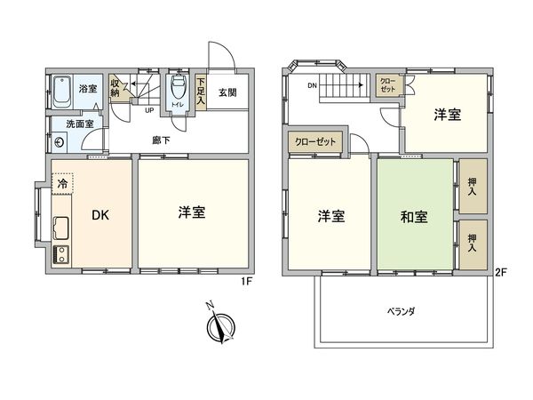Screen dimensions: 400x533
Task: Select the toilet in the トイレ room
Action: pos(179,89)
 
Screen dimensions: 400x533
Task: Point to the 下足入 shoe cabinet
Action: pos(203,90)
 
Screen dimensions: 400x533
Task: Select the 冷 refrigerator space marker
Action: pos(62,183)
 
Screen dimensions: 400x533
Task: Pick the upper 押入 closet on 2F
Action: pos(473,185)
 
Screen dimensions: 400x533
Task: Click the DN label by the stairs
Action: pos(312,86)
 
